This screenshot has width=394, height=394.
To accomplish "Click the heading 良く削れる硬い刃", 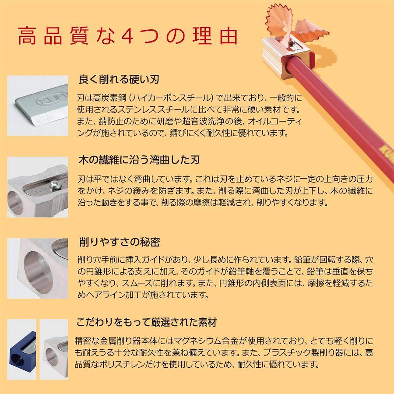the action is [x=119, y=79].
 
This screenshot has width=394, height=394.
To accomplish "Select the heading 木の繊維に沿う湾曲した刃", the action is [x=139, y=160].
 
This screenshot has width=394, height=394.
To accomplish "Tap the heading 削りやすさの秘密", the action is [x=120, y=242].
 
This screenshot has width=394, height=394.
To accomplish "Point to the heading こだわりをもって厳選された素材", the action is [x=147, y=322].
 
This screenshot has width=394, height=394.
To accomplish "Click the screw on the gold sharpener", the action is [x=292, y=44].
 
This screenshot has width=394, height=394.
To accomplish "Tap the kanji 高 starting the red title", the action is [x=27, y=36].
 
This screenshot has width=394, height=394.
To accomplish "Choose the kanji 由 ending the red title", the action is [x=229, y=36].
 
